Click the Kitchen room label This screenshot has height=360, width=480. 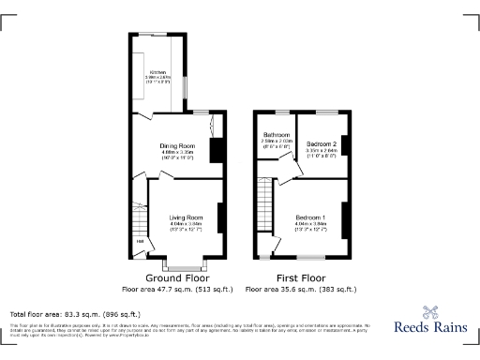pyautogui.click(x=157, y=71)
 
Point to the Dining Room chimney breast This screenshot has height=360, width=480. pyautogui.click(x=217, y=151)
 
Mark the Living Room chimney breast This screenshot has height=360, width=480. pyautogui.click(x=221, y=217)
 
